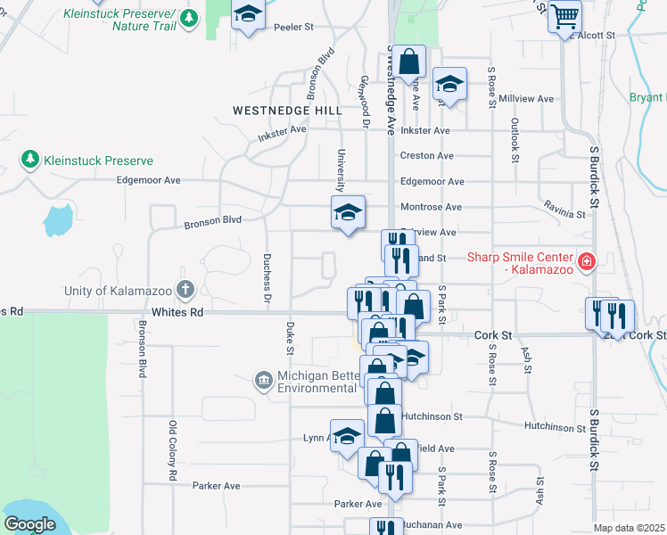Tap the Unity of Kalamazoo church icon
click(185, 290)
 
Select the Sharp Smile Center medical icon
click(587, 262)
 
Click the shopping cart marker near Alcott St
click(564, 15)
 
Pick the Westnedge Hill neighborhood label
click(287, 110)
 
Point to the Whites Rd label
click(177, 312)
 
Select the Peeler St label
click(295, 28)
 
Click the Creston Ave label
click(426, 155)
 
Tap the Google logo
click(29, 524)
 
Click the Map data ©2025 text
click(629, 528)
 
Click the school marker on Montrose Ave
click(348, 212)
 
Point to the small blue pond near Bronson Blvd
click(57, 218)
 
